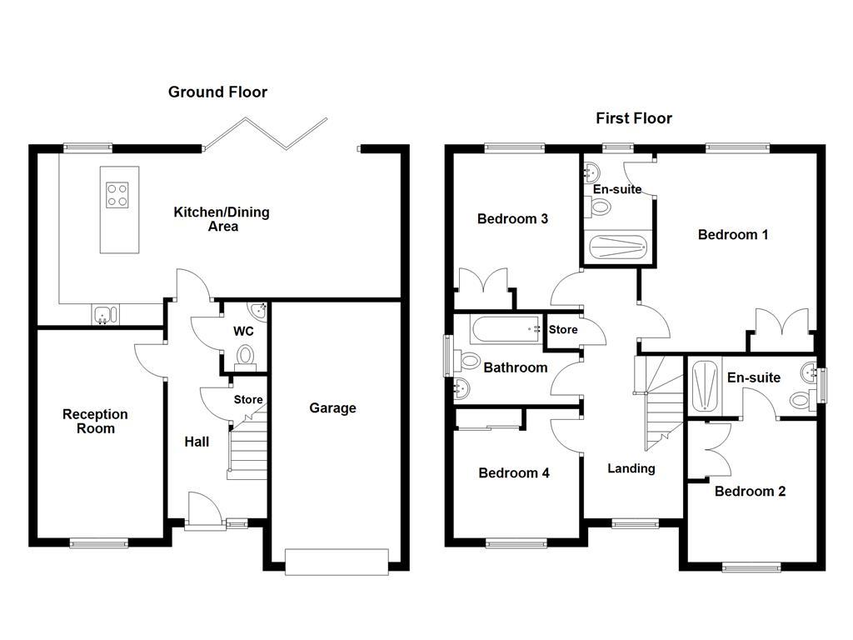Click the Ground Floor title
click(217, 92)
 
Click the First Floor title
click(633, 118)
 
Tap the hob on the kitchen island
click(117, 194)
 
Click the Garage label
click(332, 408)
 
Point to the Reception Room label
click(95, 421)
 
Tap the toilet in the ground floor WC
click(246, 357)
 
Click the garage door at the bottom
click(337, 561)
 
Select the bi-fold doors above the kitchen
click(266, 133)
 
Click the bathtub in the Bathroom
click(505, 330)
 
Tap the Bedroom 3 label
click(511, 219)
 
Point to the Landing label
click(631, 468)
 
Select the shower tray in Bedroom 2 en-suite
click(704, 385)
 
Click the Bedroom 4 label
click(513, 473)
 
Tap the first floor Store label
click(563, 330)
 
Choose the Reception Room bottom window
click(99, 544)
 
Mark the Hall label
click(197, 442)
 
